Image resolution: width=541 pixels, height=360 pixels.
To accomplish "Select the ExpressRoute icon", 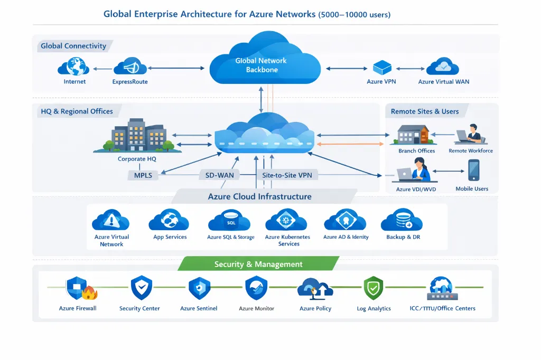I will (x=130, y=68).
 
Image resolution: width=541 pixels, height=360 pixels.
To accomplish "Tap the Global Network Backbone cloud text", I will (x=262, y=65).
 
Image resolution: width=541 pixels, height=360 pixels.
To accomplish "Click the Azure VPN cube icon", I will (x=381, y=68).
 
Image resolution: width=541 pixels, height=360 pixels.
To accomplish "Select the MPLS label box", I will (x=143, y=175).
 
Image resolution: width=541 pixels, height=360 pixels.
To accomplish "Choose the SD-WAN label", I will (x=219, y=175).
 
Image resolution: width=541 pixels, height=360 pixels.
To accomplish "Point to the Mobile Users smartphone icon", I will (x=473, y=170).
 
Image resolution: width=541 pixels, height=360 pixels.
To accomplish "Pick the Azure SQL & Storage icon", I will (x=230, y=220).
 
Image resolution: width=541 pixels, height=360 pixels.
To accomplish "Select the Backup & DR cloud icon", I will (x=402, y=220).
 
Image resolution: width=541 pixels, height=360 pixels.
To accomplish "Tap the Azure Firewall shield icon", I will (x=78, y=288).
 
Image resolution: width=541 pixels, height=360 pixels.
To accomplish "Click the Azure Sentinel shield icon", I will (x=199, y=288).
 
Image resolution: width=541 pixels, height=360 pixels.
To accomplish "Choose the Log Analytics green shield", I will (x=373, y=288).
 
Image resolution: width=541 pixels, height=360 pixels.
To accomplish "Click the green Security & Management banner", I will (x=258, y=264).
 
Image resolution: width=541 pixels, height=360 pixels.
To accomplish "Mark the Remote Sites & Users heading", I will (x=424, y=111).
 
